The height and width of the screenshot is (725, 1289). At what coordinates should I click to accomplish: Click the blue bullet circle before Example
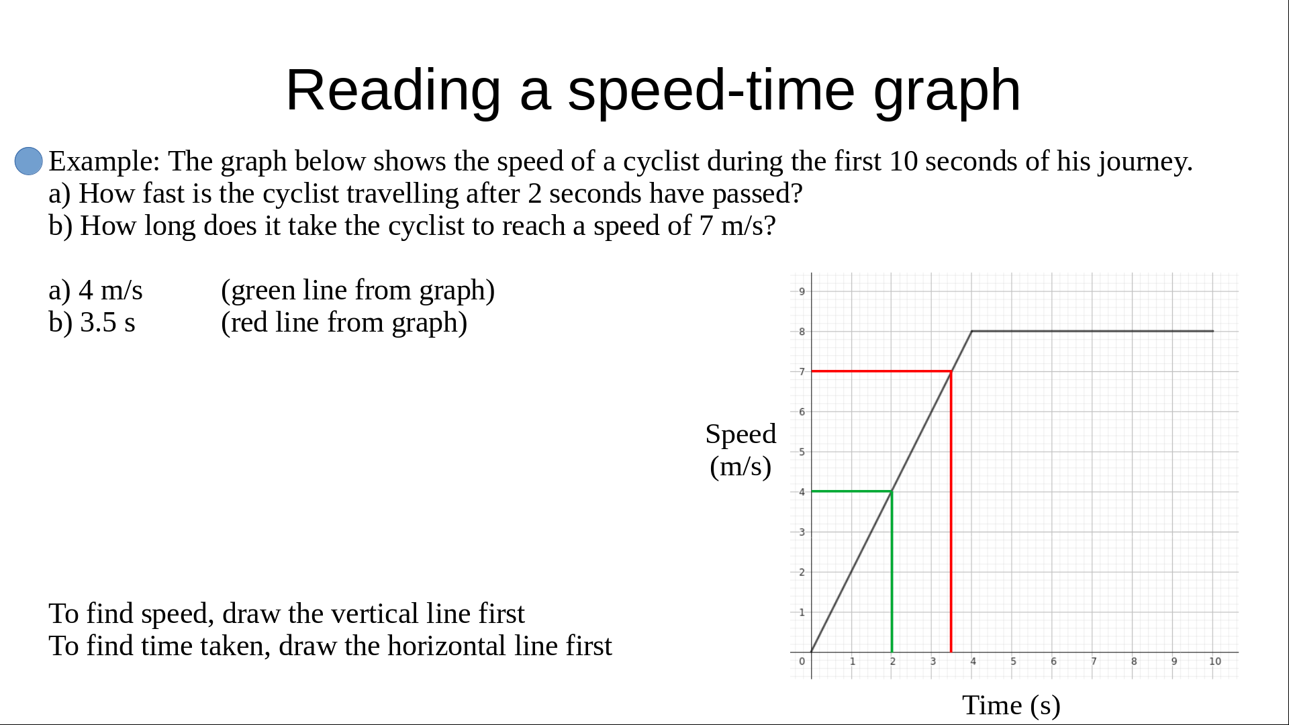[x=29, y=161]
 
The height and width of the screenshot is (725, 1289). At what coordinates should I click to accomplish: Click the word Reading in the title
[x=393, y=91]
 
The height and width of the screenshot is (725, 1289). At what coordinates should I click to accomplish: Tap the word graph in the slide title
[x=947, y=91]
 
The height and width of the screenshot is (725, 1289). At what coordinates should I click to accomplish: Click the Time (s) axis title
[x=1011, y=706]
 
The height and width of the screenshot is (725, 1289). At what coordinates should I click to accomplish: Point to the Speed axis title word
[x=741, y=435]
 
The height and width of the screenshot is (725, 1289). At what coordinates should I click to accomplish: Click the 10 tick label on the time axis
[x=1215, y=661]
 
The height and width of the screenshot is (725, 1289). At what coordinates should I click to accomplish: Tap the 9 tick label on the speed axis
[x=802, y=291]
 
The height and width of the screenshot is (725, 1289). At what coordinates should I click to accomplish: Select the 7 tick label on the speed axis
[x=802, y=371]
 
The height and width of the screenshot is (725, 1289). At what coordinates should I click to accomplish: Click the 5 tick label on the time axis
[x=1014, y=661]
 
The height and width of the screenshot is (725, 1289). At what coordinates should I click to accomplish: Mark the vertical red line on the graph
[x=951, y=512]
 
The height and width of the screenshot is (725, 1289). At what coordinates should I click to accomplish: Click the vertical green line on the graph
[x=892, y=572]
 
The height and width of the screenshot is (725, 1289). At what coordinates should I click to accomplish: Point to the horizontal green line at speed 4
[x=851, y=491]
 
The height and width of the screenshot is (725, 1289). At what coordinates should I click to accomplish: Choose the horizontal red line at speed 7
[x=881, y=371]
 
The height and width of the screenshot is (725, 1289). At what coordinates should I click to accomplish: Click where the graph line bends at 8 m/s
[x=972, y=331]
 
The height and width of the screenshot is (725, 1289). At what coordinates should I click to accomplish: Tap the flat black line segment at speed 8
[x=1093, y=331]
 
